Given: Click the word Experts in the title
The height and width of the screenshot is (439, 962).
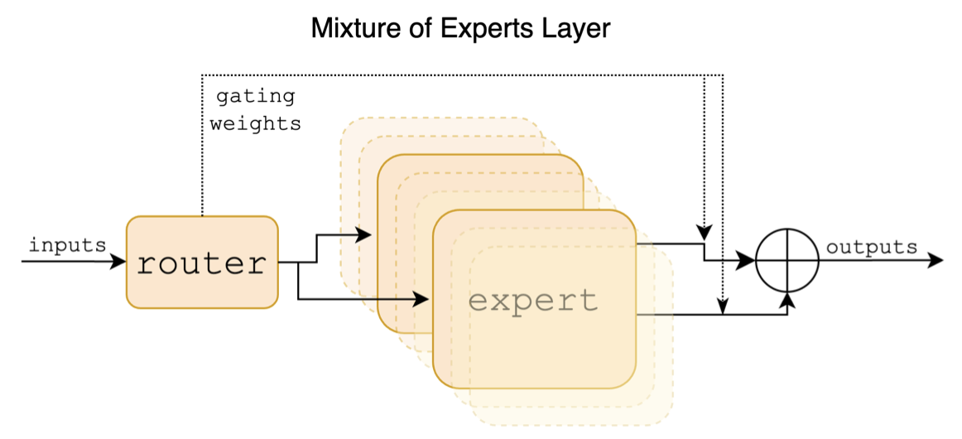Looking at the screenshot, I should (x=469, y=29).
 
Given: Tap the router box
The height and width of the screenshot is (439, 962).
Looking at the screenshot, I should (x=202, y=263).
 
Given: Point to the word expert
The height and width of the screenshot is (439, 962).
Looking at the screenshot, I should (x=533, y=299).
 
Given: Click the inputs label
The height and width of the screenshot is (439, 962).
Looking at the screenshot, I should (x=67, y=245).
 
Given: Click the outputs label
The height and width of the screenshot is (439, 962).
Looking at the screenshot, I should (x=872, y=247).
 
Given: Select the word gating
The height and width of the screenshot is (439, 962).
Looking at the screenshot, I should (x=255, y=96).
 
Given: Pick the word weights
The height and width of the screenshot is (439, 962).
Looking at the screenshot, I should (x=255, y=124).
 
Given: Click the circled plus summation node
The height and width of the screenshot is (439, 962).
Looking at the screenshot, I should (x=787, y=261).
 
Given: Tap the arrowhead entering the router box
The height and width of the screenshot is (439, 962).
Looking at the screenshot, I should (x=119, y=262).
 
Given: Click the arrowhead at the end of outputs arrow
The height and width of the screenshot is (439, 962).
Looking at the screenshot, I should (x=936, y=261).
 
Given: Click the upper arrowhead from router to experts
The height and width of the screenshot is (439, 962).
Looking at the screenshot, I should (x=363, y=235).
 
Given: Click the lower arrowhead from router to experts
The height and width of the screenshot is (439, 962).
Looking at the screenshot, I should (x=425, y=297).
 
